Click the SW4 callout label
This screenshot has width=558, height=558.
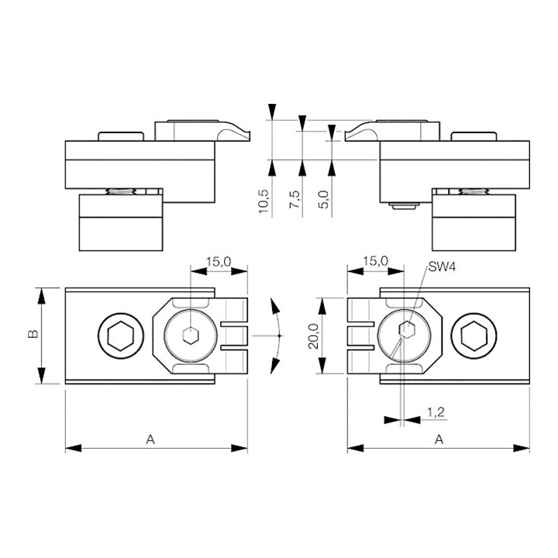(x=442, y=267)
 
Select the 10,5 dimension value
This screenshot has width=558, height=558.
(x=263, y=201)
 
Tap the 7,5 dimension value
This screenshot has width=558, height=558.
(x=294, y=199)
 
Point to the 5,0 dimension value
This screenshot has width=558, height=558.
(x=324, y=199)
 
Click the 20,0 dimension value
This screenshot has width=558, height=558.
(x=314, y=336)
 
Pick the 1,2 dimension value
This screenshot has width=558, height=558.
(x=436, y=412)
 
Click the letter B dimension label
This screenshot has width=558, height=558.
(x=33, y=334)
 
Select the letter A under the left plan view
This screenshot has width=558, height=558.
(x=150, y=439)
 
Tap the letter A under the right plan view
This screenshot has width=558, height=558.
(x=439, y=439)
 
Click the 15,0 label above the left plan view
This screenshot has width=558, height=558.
(x=219, y=262)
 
